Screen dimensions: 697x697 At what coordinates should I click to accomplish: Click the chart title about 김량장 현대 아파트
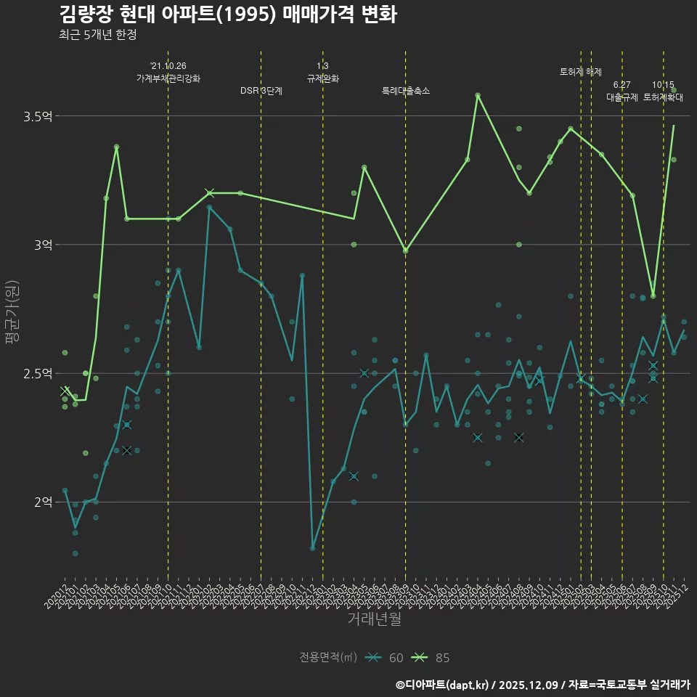227,15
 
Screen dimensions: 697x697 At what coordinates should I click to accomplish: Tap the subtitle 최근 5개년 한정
97,34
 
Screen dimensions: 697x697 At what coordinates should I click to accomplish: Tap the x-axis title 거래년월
374,619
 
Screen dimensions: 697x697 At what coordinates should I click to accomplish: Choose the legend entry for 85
431,658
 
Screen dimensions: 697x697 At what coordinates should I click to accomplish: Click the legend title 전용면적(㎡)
328,658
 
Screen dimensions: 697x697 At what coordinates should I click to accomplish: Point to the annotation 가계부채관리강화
168,78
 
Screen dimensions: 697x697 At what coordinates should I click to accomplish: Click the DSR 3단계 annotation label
261,91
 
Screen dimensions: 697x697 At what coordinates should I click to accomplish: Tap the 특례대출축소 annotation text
406,91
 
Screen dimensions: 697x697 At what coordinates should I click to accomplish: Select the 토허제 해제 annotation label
581,72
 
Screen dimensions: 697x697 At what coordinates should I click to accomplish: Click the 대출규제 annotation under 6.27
622,97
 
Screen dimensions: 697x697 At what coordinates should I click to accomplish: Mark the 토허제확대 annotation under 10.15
663,97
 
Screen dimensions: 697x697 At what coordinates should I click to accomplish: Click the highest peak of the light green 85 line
478,95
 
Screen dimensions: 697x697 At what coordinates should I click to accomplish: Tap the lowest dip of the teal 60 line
313,548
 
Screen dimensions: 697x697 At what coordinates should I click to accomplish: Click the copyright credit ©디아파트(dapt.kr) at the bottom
443,685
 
